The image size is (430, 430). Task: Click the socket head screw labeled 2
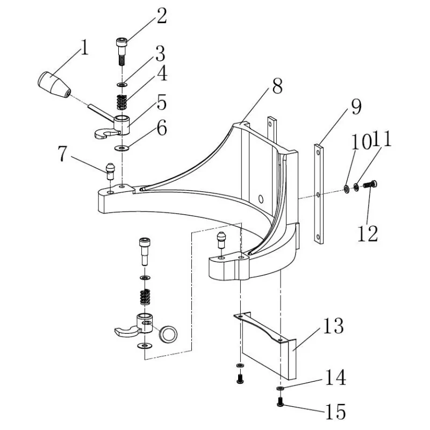(121, 52)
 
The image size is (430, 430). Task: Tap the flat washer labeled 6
(122, 147)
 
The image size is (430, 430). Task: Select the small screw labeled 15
(281, 400)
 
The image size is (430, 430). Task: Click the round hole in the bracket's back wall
(262, 198)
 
